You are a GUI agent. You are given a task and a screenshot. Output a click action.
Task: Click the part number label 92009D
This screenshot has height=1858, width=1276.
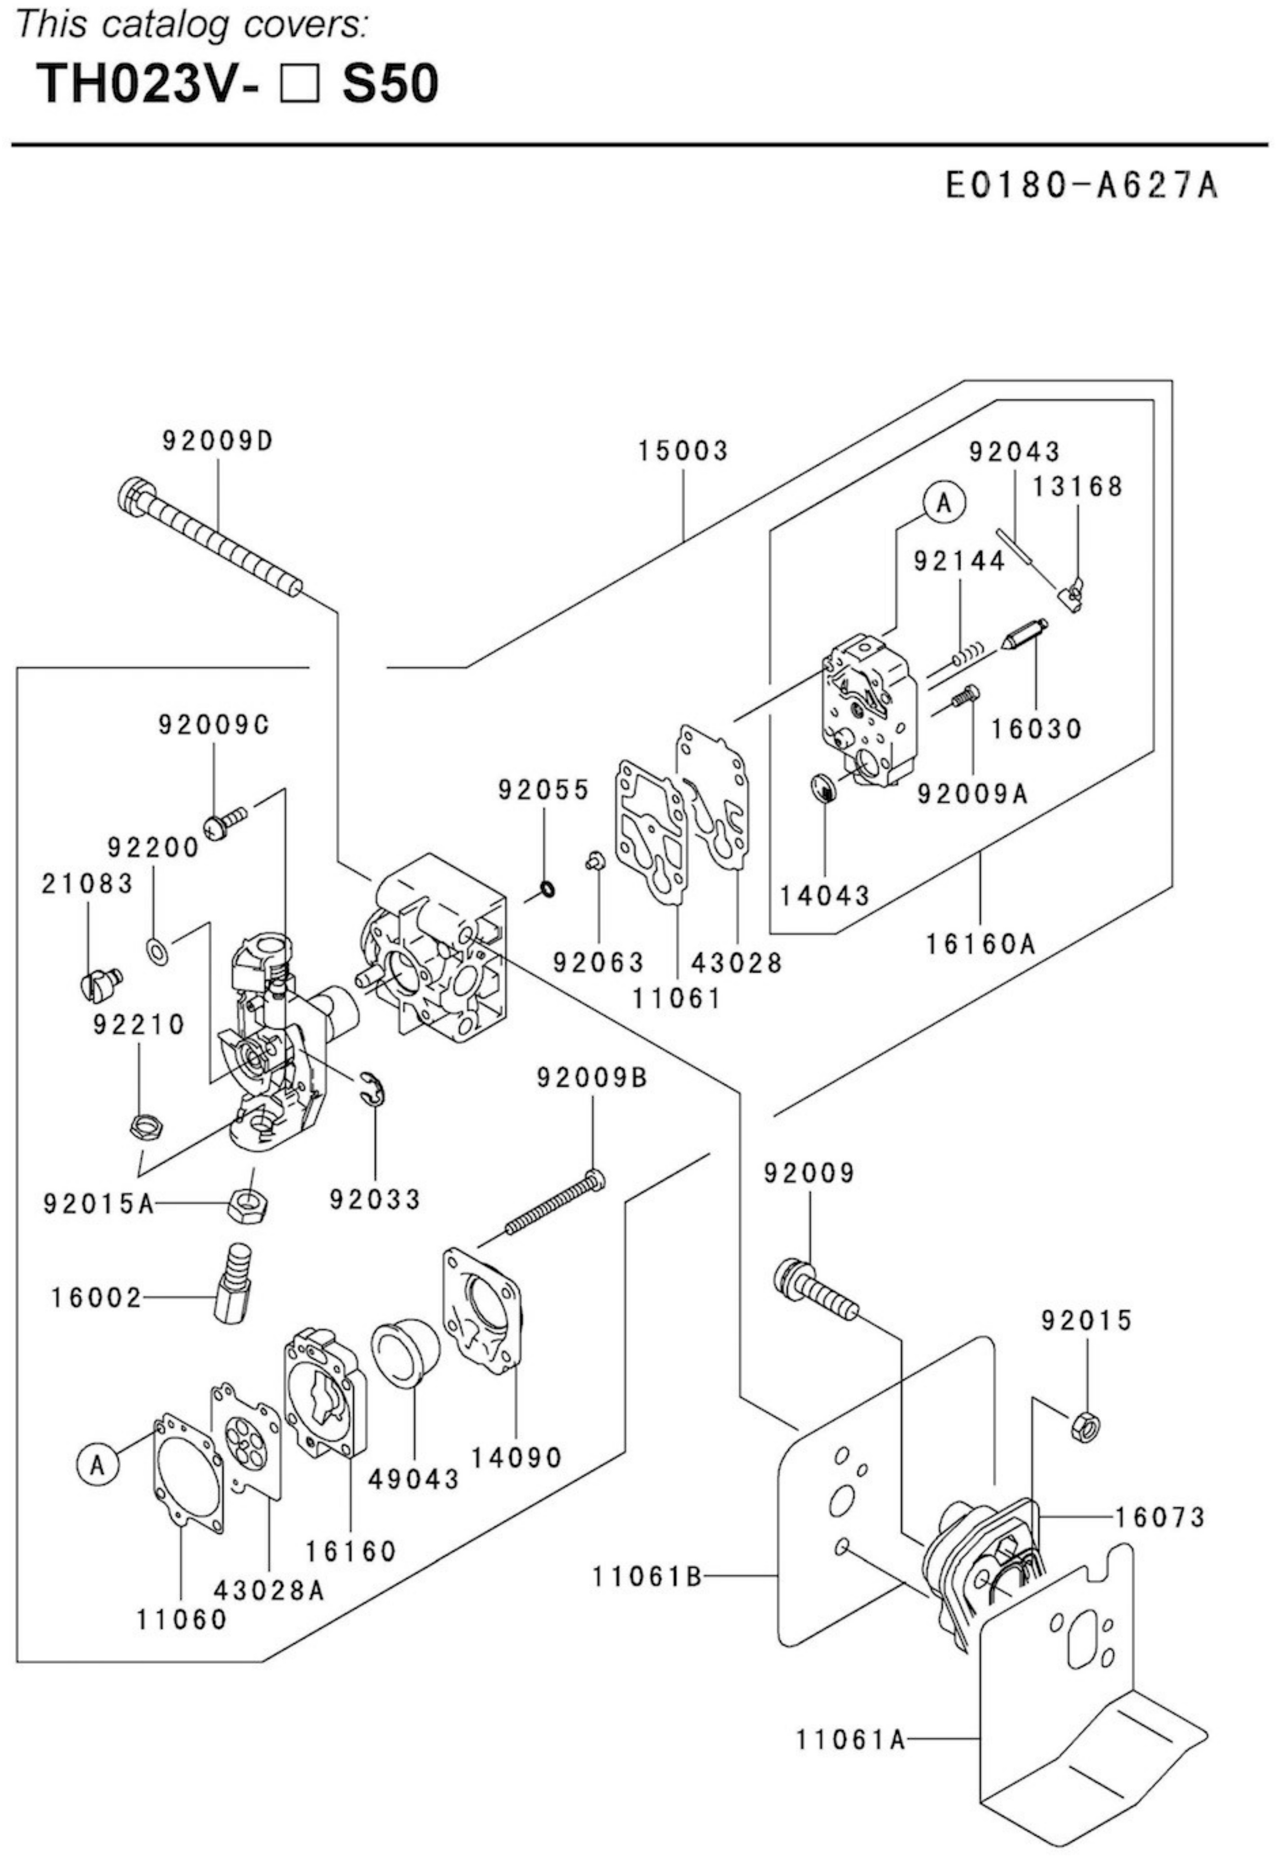[x=218, y=441]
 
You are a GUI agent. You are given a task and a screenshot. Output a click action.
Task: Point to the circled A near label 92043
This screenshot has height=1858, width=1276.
[x=944, y=503]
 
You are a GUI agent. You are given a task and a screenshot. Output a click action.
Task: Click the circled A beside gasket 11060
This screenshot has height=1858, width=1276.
[x=97, y=1465]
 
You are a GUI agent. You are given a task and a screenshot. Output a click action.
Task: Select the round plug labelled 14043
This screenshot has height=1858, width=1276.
[x=822, y=788]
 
